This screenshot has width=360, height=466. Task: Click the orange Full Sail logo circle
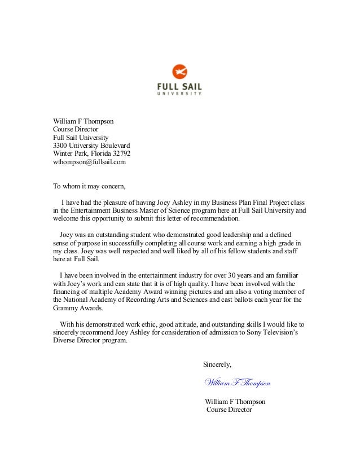179,72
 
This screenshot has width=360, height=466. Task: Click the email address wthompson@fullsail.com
90,162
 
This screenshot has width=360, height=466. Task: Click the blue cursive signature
237,383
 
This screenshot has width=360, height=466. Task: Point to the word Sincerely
217,363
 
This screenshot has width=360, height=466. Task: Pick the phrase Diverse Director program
90,341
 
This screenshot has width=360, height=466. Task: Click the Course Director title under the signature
229,410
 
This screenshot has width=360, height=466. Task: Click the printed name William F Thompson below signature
235,401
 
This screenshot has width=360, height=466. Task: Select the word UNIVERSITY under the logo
179,94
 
